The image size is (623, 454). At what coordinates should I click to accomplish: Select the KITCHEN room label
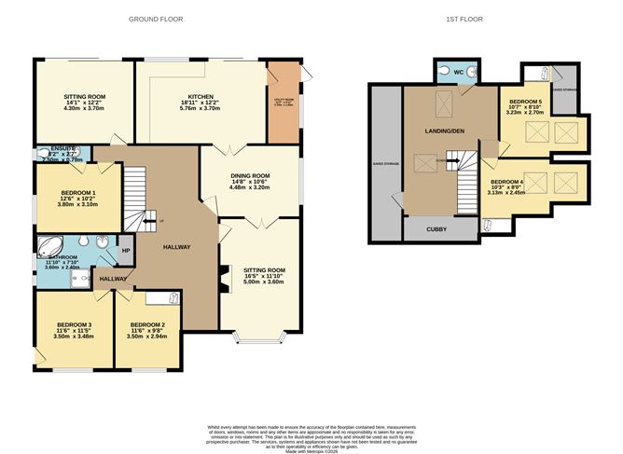(x=201, y=96)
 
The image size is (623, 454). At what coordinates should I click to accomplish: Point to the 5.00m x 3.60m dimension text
(x=264, y=282)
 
